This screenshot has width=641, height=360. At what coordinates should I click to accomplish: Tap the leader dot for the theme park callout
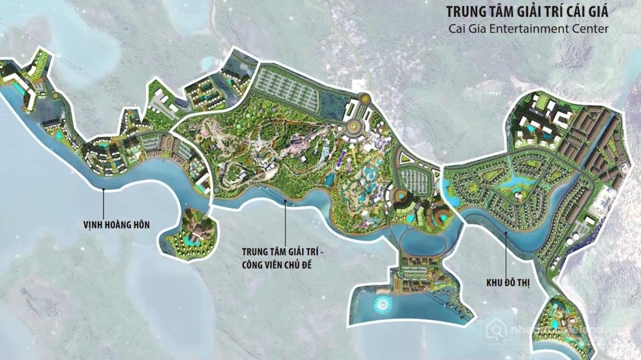(x=285, y=202)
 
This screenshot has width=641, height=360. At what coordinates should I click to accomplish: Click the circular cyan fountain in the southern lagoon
(x=383, y=304)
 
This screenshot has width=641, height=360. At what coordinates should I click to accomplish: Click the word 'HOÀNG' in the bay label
(x=120, y=223)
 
